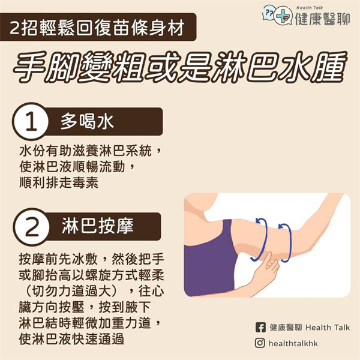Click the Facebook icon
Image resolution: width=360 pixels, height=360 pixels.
[x=260, y=327]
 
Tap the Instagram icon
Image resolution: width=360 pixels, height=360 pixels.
[x=260, y=343]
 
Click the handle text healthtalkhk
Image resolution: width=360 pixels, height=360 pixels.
[x=293, y=343]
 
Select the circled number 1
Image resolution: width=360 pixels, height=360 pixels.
[x=31, y=121]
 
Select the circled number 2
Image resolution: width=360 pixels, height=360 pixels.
[x=31, y=227]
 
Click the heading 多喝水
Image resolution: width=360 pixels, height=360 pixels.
[x=87, y=121]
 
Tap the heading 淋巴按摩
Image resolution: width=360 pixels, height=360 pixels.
[x=98, y=226]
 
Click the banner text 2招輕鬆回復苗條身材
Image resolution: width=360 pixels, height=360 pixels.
[x=97, y=28]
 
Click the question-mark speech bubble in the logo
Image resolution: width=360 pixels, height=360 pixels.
[x=269, y=13]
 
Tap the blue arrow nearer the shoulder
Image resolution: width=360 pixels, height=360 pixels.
[x=261, y=239]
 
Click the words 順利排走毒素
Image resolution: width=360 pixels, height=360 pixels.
[x=59, y=183]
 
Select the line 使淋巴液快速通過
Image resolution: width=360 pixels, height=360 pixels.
[x=71, y=340]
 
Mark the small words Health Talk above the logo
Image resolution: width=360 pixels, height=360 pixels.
[x=309, y=8]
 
